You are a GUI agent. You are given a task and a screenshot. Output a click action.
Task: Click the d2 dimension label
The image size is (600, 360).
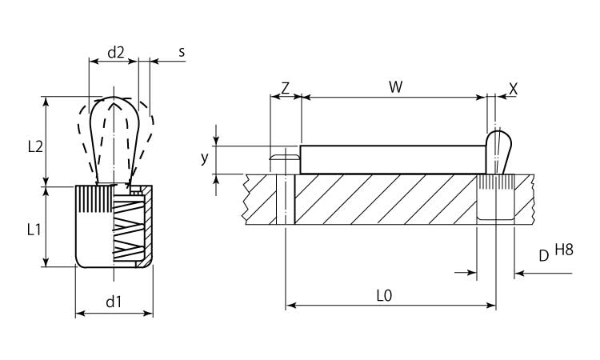(117, 52)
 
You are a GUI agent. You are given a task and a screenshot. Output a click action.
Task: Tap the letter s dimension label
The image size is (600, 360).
(182, 52)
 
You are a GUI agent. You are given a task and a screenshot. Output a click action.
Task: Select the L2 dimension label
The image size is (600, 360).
(34, 146)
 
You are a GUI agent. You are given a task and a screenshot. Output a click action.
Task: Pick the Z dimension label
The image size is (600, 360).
(286, 87)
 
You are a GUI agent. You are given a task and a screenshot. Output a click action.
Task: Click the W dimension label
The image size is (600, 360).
(394, 87)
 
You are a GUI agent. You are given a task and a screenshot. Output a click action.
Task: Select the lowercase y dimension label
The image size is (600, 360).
(204, 158)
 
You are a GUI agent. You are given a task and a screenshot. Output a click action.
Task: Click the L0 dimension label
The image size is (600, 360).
(384, 294)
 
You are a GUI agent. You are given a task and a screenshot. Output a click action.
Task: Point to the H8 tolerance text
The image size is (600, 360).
(565, 250)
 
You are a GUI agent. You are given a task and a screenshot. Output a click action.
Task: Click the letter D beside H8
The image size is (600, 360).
(543, 256)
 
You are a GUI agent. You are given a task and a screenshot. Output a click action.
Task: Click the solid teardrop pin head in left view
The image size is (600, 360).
(114, 132)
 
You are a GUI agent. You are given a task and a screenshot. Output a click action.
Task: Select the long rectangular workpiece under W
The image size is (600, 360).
(392, 159)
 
